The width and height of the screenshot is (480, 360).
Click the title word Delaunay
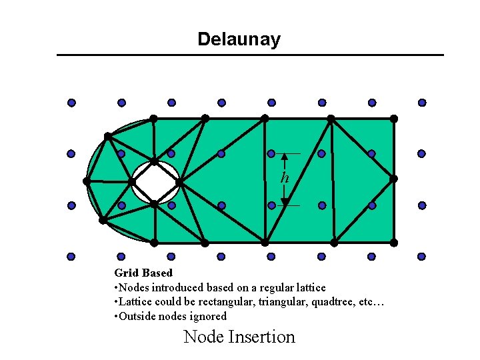[239, 39]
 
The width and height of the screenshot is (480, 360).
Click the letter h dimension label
[285, 178]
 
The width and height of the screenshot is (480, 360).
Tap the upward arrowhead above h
[285, 158]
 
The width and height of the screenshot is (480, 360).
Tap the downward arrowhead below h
[285, 201]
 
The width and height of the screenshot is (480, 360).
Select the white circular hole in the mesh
[155, 181]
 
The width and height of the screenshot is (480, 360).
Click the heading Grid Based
[143, 273]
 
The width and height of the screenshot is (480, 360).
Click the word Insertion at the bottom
[261, 337]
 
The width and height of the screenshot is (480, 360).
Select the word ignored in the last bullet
[208, 317]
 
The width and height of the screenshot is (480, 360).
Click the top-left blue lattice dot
[71, 103]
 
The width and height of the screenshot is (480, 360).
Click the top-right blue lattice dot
[422, 103]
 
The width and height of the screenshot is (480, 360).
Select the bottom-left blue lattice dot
[71, 256]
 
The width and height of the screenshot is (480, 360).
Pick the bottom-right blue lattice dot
[422, 256]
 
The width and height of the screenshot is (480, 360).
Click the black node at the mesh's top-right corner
[394, 119]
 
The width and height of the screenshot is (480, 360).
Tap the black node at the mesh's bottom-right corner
[394, 242]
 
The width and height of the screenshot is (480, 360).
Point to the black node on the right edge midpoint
[394, 179]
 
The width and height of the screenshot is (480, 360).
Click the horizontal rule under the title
[250, 55]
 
